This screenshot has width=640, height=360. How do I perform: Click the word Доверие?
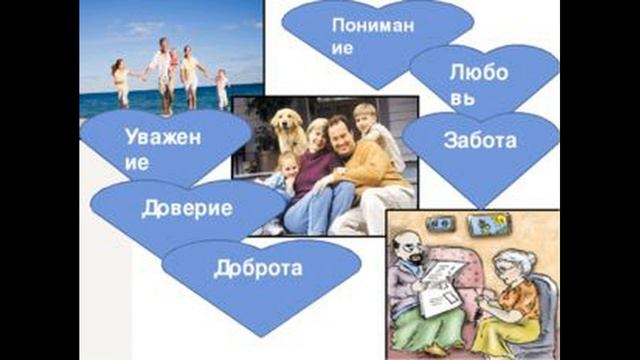(x=188, y=209)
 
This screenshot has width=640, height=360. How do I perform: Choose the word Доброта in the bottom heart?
(x=258, y=267)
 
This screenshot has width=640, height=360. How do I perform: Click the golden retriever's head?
(x=289, y=124)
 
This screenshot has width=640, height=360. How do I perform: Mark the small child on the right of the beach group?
(x=221, y=85)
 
